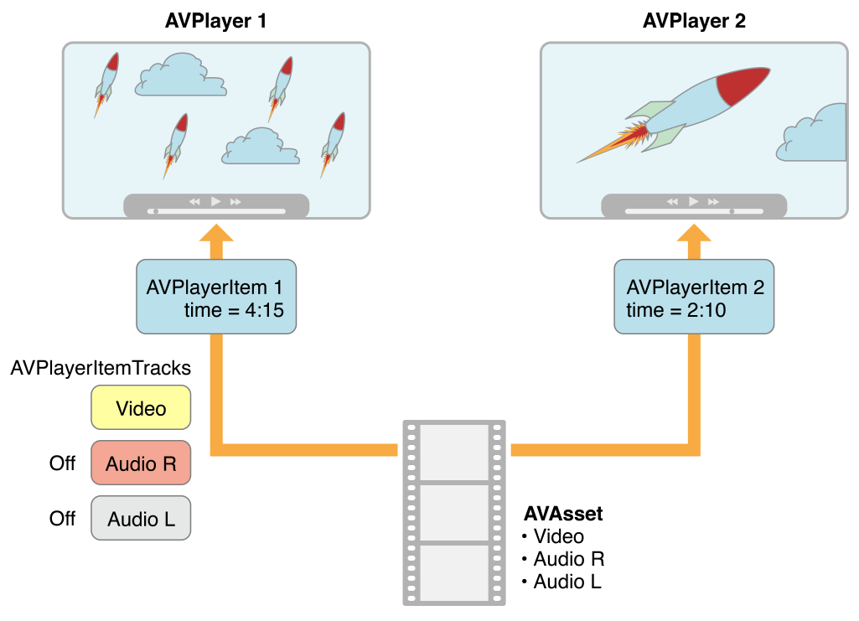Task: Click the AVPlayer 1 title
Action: coord(216,21)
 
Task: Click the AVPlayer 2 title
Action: coord(694,21)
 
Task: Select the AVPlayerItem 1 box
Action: coord(216,297)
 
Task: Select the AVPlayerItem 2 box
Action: coord(694,297)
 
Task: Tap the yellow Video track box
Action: coord(141,409)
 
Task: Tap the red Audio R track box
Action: coord(141,463)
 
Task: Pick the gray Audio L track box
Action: coord(141,519)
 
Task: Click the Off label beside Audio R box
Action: coord(62,463)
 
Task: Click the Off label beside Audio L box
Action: coord(62,519)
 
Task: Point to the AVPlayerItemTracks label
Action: coord(101,368)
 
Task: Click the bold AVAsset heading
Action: coord(563,514)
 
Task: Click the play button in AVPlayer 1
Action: coord(215,201)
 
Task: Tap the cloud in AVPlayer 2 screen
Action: coord(815,134)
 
